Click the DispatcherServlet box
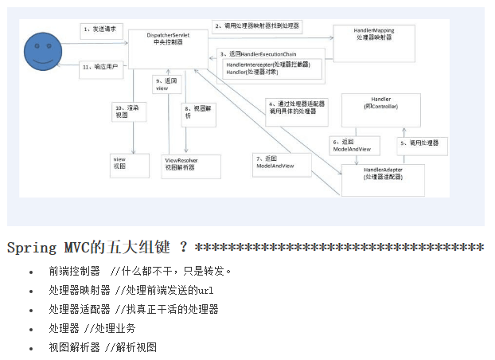(168, 39)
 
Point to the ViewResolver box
(181, 164)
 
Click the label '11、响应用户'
(100, 67)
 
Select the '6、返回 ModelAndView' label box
(355, 145)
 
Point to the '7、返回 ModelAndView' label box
(275, 162)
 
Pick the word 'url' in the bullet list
(206, 290)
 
